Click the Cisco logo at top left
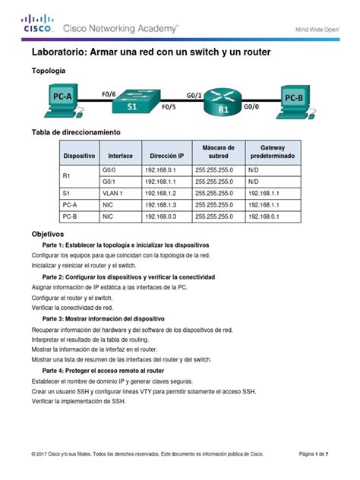(36, 24)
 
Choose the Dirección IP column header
(166, 155)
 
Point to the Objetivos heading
(48, 234)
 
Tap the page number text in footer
(314, 453)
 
